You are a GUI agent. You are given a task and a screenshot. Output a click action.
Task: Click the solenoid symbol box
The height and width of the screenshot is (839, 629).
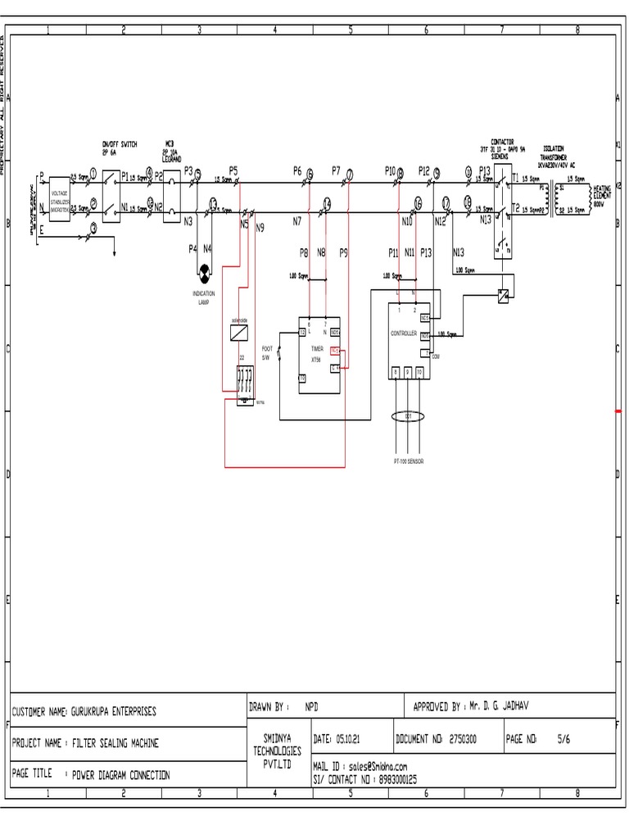239,333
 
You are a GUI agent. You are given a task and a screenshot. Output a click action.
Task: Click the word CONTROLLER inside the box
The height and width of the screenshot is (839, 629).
404,333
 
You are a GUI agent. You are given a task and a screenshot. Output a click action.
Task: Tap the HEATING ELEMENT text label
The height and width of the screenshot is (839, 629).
602,194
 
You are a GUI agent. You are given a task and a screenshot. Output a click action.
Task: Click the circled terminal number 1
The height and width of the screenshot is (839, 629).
93,173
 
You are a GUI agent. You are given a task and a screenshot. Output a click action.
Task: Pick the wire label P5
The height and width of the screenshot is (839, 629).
233,171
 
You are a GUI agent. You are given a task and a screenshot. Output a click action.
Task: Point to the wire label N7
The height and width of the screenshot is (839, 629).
296,221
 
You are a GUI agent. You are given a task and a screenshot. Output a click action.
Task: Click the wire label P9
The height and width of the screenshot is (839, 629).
343,253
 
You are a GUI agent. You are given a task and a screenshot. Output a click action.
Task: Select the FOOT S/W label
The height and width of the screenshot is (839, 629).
266,353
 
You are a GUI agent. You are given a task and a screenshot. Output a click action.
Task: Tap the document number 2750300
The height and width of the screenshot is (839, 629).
464,739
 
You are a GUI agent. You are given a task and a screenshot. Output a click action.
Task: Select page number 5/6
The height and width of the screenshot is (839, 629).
563,739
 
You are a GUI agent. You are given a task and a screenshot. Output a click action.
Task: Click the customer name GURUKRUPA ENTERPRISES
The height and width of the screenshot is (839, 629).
114,711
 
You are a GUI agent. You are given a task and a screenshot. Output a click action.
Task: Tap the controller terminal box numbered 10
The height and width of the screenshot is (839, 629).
419,372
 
